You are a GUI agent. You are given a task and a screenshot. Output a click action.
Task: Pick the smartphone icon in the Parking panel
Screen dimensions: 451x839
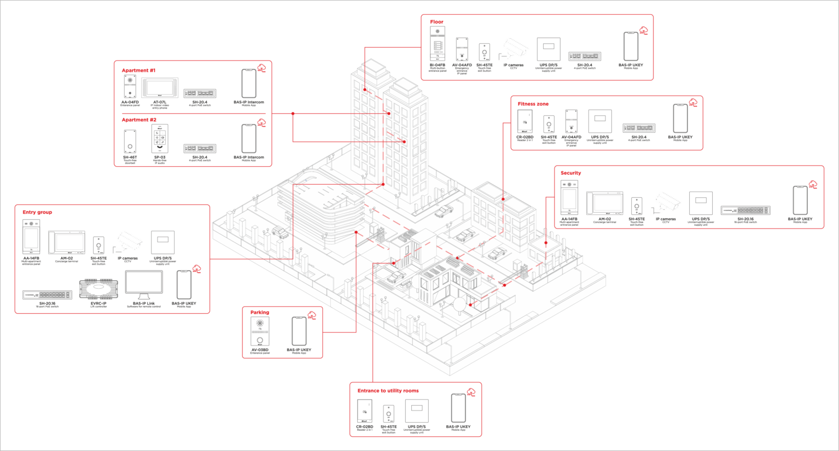click(299, 331)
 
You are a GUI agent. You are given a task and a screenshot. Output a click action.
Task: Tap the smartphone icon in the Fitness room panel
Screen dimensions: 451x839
click(680, 118)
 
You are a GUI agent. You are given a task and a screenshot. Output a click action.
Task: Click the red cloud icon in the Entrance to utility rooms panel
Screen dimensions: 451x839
click(471, 392)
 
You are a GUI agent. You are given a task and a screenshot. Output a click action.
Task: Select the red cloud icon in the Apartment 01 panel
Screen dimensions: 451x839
click(261, 68)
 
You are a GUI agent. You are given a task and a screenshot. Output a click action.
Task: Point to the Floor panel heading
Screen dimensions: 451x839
click(436, 22)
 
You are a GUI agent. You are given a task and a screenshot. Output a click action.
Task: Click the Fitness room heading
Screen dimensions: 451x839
click(533, 103)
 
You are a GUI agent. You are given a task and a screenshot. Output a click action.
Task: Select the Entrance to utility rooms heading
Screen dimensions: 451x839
click(388, 391)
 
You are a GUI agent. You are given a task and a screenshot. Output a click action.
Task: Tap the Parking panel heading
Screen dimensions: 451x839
click(260, 313)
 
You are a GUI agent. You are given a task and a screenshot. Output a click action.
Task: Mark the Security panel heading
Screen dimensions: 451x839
click(570, 173)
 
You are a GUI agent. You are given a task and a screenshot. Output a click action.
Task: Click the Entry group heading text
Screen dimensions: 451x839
click(37, 212)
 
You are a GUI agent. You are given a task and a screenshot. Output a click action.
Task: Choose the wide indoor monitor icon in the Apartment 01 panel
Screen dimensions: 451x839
click(160, 87)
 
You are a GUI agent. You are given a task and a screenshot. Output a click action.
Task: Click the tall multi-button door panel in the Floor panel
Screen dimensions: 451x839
click(437, 44)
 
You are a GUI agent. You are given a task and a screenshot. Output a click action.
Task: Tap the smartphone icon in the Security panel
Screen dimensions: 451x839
click(800, 200)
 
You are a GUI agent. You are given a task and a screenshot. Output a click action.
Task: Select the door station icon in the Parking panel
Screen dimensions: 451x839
click(260, 331)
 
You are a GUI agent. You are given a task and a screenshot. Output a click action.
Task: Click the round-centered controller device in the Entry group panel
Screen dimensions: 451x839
click(98, 288)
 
